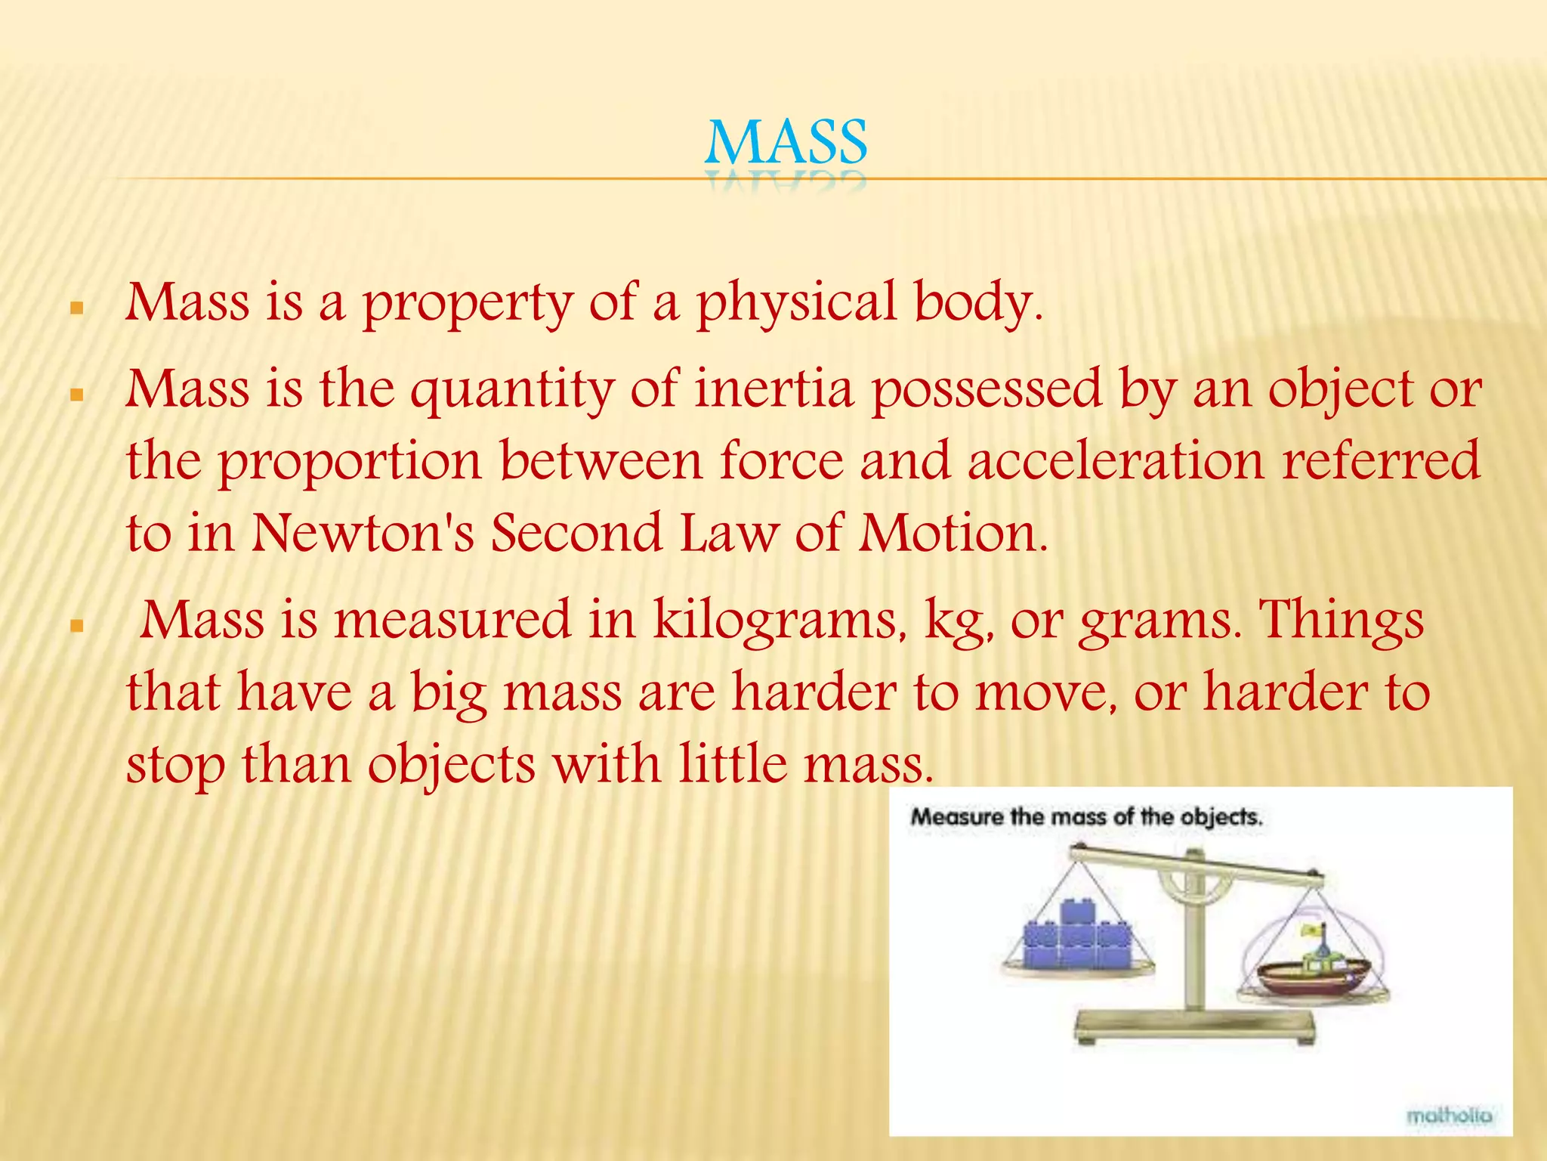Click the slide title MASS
pos(786,143)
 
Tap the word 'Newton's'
pos(363,533)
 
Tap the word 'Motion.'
pos(953,533)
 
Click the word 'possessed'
pos(987,390)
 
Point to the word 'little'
pos(732,763)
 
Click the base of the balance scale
pos(1194,1026)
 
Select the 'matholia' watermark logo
pos(1449,1115)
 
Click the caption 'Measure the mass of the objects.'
pos(1086,817)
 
